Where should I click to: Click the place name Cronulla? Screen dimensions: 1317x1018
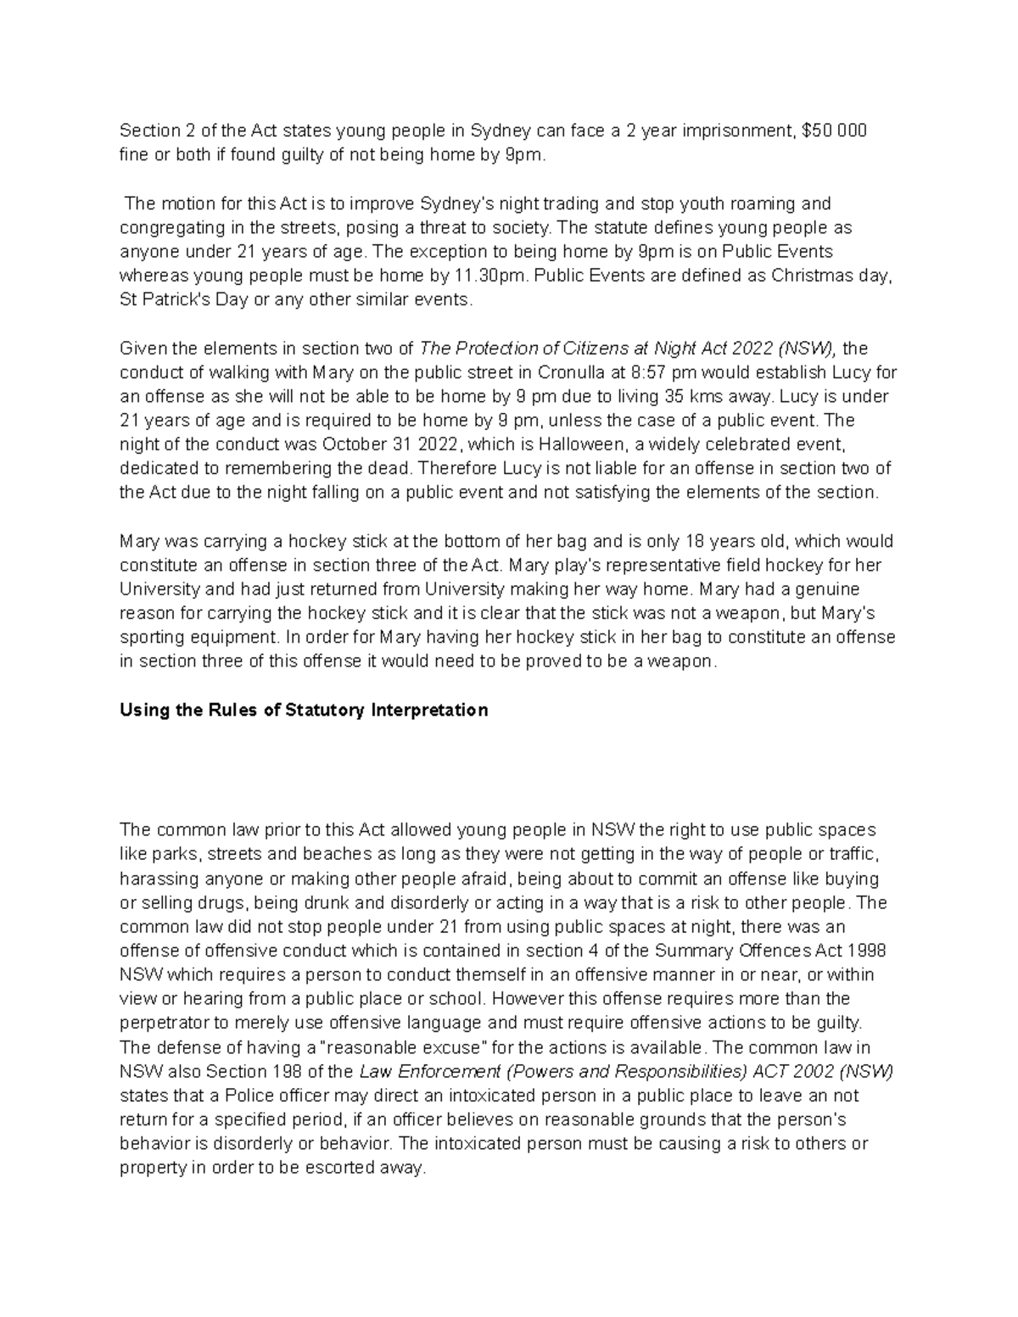point(565,372)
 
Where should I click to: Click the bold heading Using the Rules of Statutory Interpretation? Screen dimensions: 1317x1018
point(304,710)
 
